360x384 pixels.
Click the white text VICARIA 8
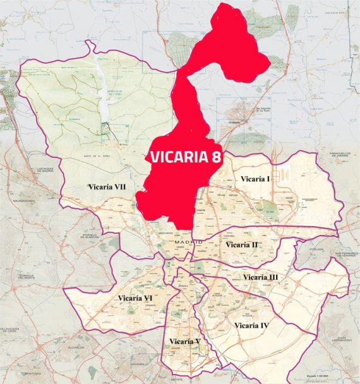point(186,157)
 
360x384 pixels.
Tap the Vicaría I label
point(255,179)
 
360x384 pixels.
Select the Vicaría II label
point(241,244)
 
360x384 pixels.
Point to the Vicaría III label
point(260,277)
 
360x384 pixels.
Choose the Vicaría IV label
point(251,325)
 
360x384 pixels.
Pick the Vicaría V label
point(184,342)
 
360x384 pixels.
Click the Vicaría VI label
point(135,297)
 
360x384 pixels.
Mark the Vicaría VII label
point(108,187)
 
